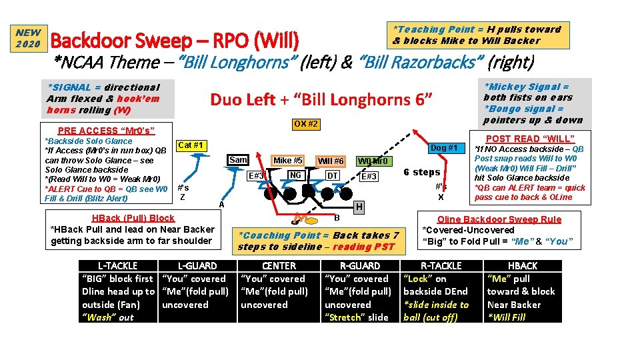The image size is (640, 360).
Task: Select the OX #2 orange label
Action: [305, 125]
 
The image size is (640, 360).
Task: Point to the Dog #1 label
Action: [443, 147]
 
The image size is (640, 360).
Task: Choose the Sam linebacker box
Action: [238, 159]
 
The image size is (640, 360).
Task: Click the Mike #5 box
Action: [288, 160]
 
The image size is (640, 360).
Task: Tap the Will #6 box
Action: [330, 161]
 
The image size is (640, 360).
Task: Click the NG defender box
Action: [295, 175]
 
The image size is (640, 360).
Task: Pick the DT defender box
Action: [331, 175]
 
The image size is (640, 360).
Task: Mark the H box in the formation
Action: [359, 207]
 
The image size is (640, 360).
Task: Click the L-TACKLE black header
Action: [118, 265]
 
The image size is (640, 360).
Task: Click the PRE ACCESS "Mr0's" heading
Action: [106, 131]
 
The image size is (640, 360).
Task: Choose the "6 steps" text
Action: [422, 172]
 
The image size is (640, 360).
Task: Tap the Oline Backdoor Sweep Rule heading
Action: [499, 219]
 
